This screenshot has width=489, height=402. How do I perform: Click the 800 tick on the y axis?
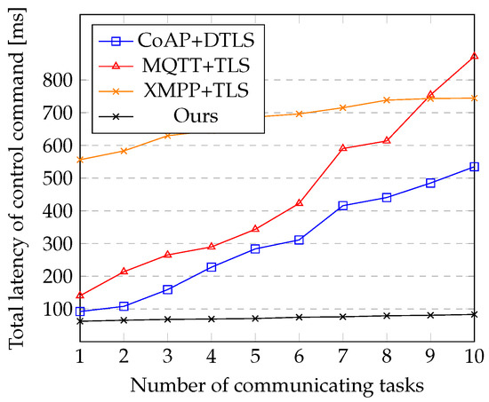tap(56, 80)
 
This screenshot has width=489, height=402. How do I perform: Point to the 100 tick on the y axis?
tap(56, 309)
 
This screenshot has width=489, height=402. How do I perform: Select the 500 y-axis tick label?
tap(56, 178)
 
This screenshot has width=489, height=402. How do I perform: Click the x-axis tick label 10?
tap(474, 355)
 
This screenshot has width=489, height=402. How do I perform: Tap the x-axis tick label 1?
tap(80, 355)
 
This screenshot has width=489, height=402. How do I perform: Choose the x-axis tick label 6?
tap(299, 355)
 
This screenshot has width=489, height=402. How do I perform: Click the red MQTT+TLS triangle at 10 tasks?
tap(474, 56)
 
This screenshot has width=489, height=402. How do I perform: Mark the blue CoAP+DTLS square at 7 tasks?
tap(342, 206)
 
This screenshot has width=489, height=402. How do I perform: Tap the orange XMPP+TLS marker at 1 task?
tap(80, 160)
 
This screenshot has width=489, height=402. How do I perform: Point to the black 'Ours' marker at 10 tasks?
tap(474, 314)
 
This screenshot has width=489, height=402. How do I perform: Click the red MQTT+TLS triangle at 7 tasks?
tap(342, 148)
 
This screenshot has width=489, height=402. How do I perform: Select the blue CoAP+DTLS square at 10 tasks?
tap(474, 167)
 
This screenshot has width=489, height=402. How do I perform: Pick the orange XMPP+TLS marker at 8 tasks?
tap(386, 100)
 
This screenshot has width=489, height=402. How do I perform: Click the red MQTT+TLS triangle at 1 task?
tap(80, 296)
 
